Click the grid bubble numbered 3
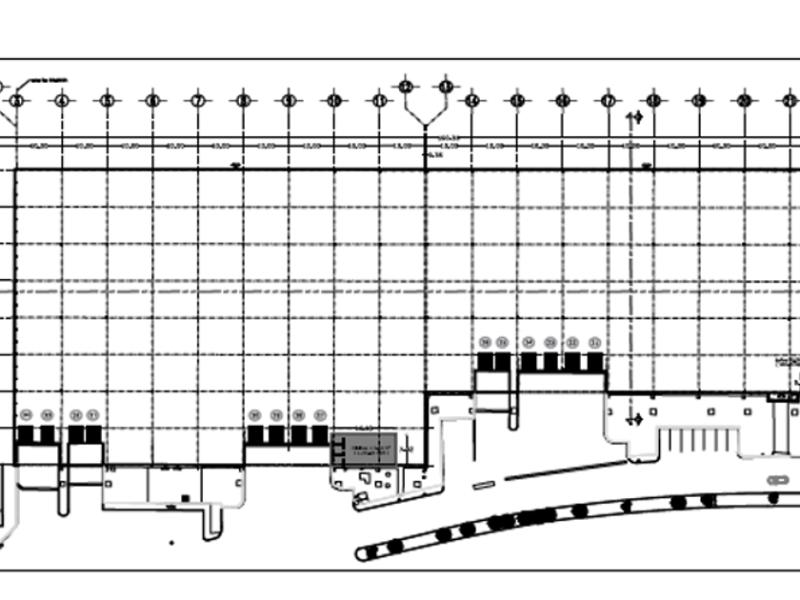pyautogui.click(x=16, y=100)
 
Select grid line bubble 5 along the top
pyautogui.click(x=107, y=100)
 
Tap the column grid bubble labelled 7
pyautogui.click(x=198, y=100)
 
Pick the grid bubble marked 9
pyautogui.click(x=289, y=100)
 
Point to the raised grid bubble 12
pyautogui.click(x=406, y=87)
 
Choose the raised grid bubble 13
pyautogui.click(x=445, y=87)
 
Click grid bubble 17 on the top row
pyautogui.click(x=608, y=100)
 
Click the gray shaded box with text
pyautogui.click(x=362, y=449)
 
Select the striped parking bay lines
pyautogui.click(x=702, y=440)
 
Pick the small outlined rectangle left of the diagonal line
pyautogui.click(x=484, y=485)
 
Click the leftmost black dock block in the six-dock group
pyautogui.click(x=486, y=362)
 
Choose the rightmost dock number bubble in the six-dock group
pyautogui.click(x=595, y=342)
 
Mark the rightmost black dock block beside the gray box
pyautogui.click(x=320, y=434)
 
